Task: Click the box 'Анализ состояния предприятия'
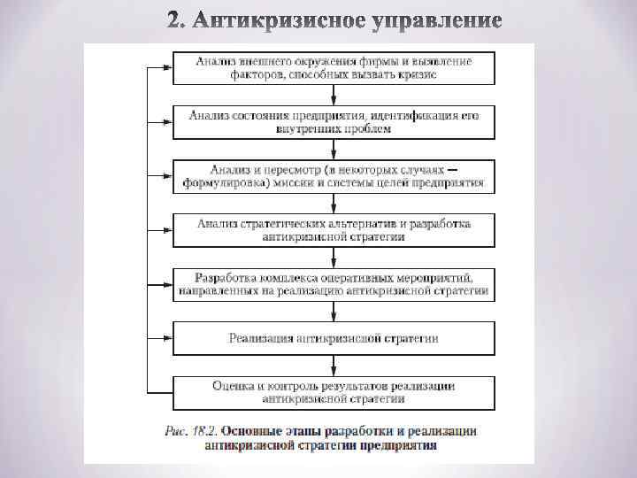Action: [334, 121]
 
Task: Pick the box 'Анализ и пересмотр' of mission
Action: [334, 176]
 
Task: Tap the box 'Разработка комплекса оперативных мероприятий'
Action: [334, 283]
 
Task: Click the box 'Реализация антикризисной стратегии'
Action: [334, 337]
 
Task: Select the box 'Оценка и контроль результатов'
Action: [334, 391]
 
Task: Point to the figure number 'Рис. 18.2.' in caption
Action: [192, 431]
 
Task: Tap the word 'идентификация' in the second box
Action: [409, 115]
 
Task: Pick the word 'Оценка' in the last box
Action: [233, 385]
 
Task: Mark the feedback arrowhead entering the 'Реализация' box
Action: [167, 337]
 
